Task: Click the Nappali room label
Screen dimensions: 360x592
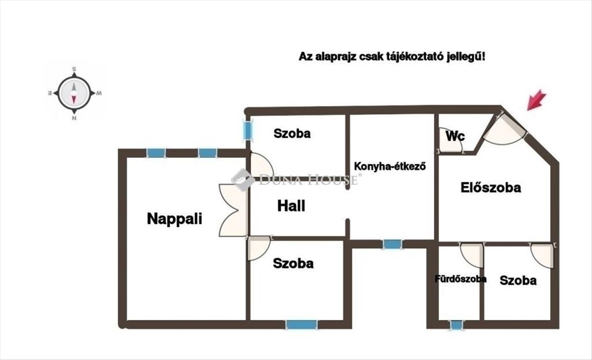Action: [x=175, y=219]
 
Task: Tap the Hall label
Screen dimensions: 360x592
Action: [x=291, y=206]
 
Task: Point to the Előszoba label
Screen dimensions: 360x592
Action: [x=491, y=187]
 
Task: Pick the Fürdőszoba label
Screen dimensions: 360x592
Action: [x=460, y=279]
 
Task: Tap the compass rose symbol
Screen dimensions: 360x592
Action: [x=74, y=93]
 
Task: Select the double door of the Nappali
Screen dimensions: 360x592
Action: [x=233, y=210]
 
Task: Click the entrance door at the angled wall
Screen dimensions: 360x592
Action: [x=503, y=129]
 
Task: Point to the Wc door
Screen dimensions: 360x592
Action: [x=446, y=141]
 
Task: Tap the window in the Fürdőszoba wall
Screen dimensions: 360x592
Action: [x=457, y=325]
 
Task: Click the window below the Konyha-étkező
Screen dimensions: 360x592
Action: [x=393, y=244]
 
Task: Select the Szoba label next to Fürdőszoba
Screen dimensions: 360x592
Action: [x=518, y=281]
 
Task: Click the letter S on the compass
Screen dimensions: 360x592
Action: [x=74, y=69]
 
